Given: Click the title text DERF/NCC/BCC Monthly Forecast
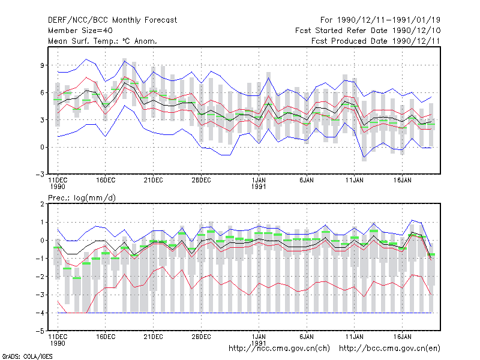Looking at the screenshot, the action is [x=112, y=20].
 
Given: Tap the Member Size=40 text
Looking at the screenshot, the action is [x=80, y=31].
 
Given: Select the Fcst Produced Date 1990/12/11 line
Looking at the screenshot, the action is [x=376, y=41].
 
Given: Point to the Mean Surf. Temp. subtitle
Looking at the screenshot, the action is [x=102, y=41].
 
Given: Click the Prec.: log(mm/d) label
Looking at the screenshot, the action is [x=82, y=198].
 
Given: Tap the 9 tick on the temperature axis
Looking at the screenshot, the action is [x=42, y=65].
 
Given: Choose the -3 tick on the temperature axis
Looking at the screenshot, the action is [x=40, y=175].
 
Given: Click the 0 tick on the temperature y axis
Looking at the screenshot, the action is [x=42, y=147].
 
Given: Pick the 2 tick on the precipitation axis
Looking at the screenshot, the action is [x=42, y=204].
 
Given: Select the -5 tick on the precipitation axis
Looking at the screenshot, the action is [x=40, y=331].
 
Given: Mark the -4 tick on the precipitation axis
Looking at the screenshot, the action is [x=40, y=313].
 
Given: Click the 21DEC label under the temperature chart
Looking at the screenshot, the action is [x=154, y=181].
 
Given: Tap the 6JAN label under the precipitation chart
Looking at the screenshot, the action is [x=307, y=337].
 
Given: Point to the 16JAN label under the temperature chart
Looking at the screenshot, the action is [x=402, y=181].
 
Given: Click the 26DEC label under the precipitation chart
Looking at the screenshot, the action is [x=201, y=337].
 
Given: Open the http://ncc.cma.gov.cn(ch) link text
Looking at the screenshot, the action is [x=279, y=349].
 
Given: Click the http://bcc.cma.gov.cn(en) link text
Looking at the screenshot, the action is [x=389, y=349].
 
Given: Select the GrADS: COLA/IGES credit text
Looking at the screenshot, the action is [x=27, y=356].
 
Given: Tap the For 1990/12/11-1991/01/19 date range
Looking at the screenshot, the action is [x=380, y=20].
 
